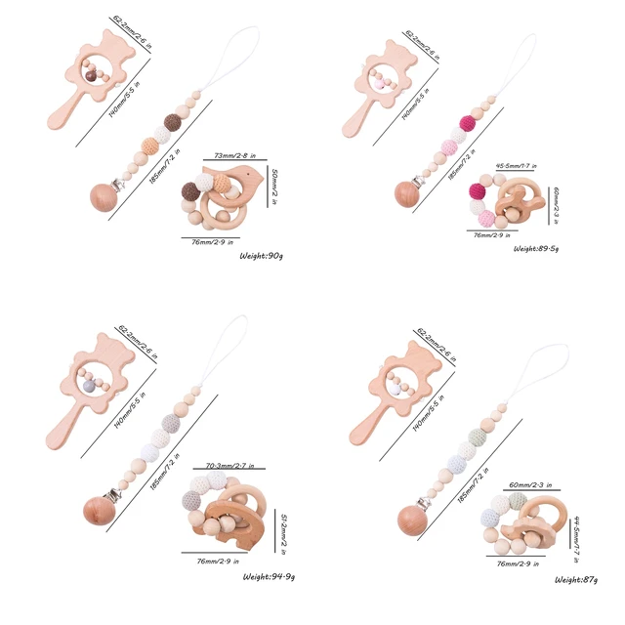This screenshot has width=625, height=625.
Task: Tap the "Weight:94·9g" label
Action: pyautogui.click(x=270, y=577)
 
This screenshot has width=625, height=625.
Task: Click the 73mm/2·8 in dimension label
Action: pyautogui.click(x=238, y=155)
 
